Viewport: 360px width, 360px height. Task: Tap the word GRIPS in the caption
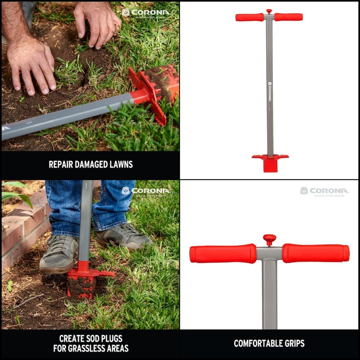(293, 343)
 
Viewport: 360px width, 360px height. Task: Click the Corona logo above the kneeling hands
(146, 13)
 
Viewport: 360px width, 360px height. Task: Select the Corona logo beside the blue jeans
(146, 191)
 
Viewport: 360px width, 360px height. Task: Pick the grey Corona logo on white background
(324, 191)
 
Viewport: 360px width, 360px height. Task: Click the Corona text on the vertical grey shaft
(269, 92)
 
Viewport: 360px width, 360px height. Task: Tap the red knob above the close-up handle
(269, 238)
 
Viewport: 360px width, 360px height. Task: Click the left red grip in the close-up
(222, 253)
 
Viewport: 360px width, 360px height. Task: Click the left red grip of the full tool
(249, 17)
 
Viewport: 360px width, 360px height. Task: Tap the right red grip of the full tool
(289, 17)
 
